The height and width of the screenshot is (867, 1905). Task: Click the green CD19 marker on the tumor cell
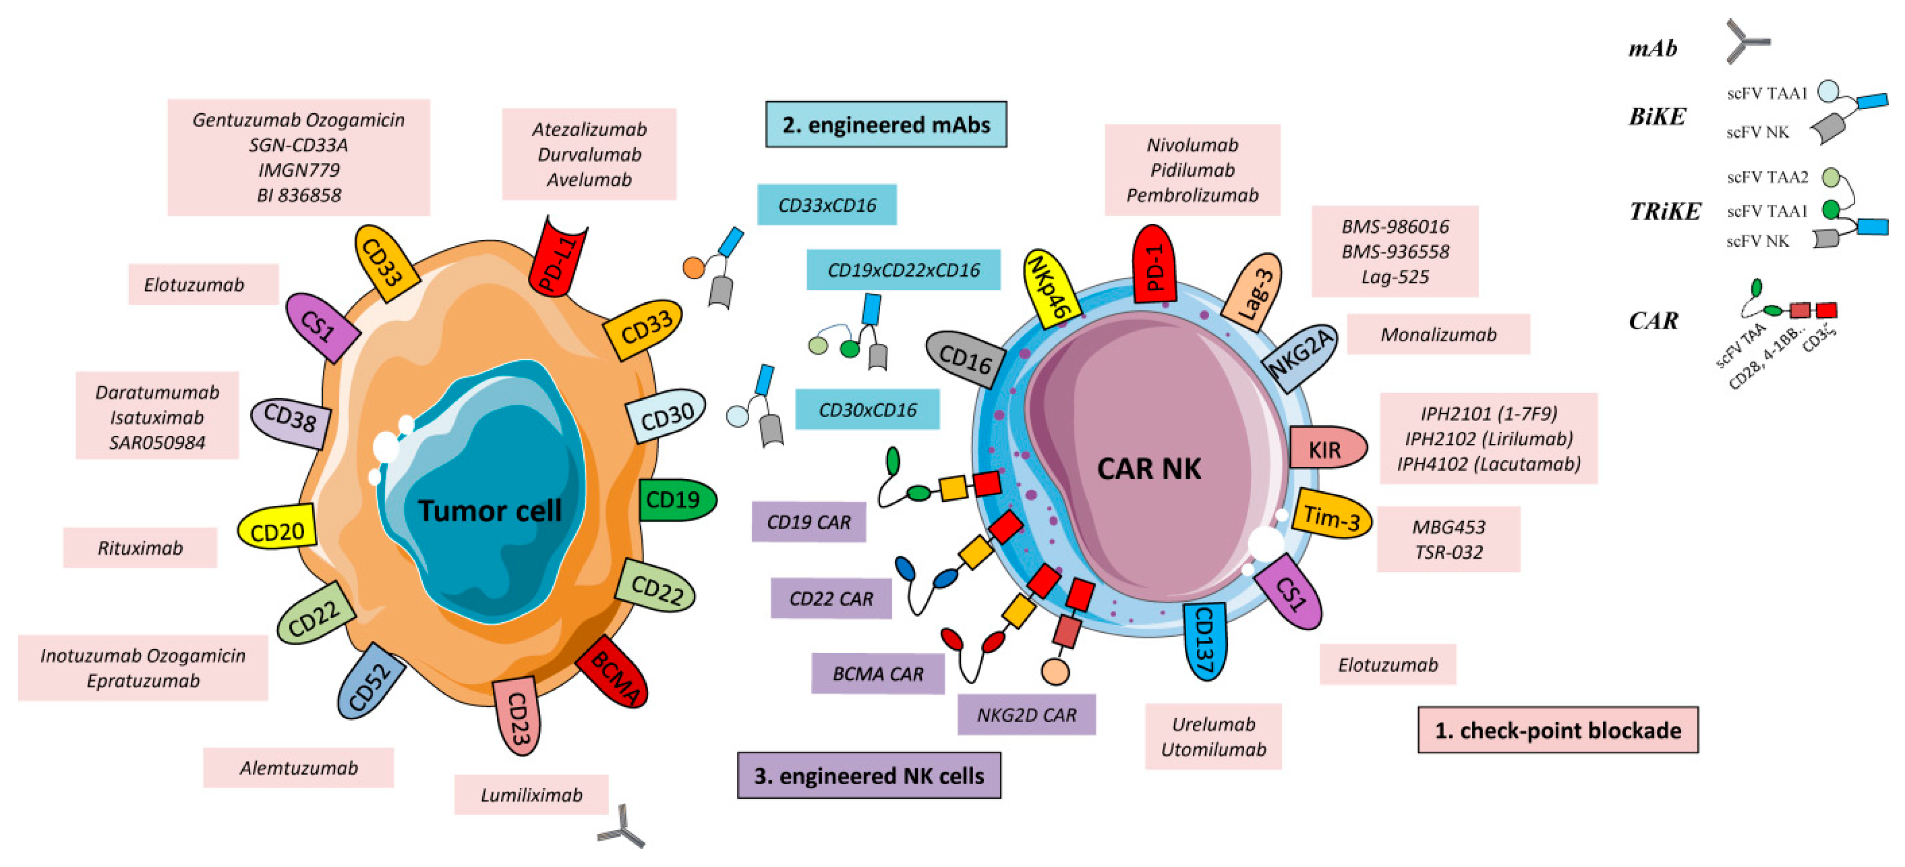click(675, 500)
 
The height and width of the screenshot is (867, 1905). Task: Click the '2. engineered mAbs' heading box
click(886, 124)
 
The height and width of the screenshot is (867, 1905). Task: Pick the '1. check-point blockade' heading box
click(1557, 730)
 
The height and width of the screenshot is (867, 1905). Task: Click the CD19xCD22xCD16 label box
click(903, 270)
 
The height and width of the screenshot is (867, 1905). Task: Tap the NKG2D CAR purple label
click(1026, 715)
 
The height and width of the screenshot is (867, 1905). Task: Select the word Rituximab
click(140, 548)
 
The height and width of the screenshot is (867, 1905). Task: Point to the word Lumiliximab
click(531, 795)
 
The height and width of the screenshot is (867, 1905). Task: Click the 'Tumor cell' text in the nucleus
click(489, 510)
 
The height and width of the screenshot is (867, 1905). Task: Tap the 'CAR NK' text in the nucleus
click(1149, 468)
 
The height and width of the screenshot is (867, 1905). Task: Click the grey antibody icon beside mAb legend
click(1747, 42)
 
